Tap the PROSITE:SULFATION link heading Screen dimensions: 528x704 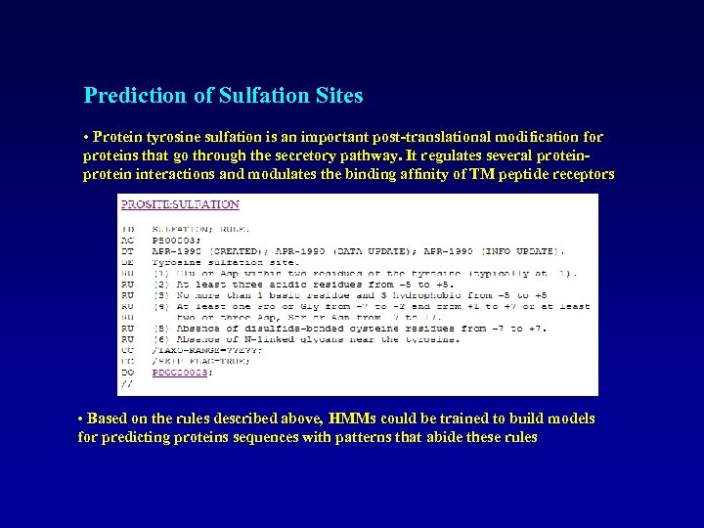tap(180, 204)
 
